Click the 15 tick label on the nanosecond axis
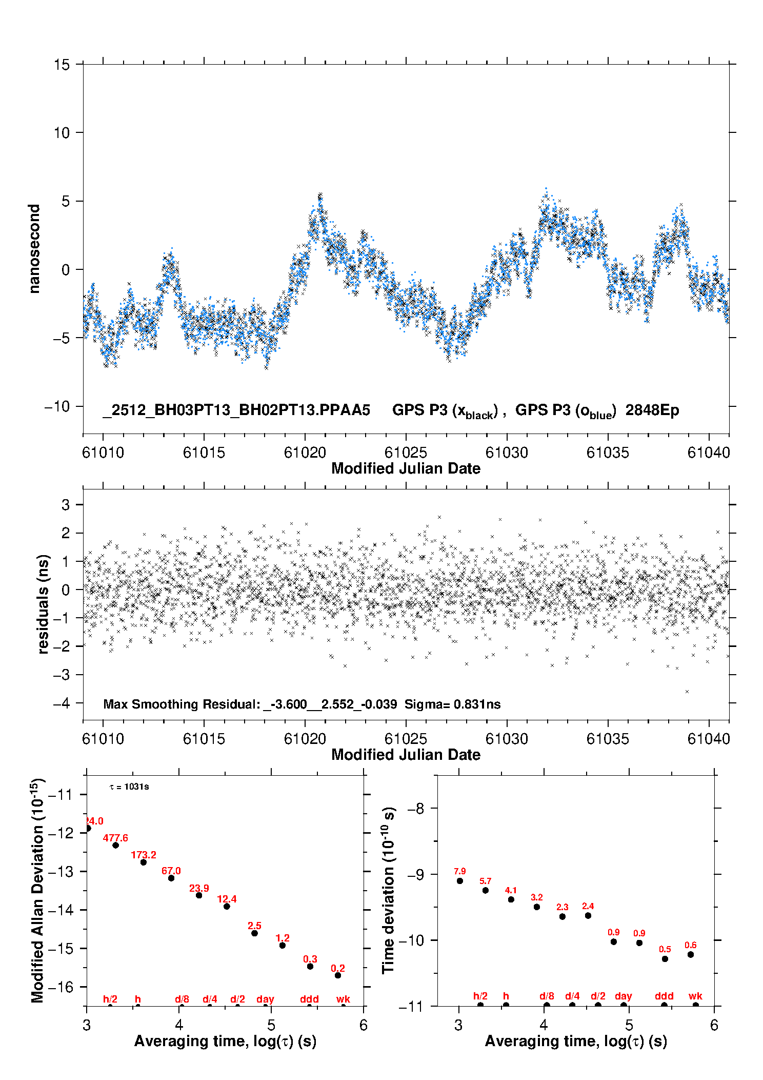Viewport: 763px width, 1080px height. tap(62, 65)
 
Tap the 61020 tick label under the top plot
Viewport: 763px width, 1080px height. tap(305, 453)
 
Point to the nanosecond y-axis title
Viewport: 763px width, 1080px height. tap(34, 248)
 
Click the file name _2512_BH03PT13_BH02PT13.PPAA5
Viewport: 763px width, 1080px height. tap(236, 410)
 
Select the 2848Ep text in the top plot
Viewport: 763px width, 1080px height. tap(652, 410)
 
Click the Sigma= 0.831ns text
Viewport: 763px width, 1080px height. tap(452, 704)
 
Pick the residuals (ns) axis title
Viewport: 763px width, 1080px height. tap(44, 604)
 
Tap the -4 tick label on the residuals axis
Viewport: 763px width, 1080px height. tap(62, 703)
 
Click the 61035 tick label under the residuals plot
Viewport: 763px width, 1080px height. tap(608, 739)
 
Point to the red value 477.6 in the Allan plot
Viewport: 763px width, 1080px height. tap(115, 838)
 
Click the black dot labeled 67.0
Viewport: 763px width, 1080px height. tap(171, 878)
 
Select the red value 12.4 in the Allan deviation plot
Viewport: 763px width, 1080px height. tap(227, 899)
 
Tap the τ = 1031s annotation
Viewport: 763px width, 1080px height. tap(129, 787)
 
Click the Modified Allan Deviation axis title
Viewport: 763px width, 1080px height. tap(37, 890)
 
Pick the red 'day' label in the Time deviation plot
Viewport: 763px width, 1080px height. tap(624, 996)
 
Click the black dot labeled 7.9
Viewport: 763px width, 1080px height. tap(460, 881)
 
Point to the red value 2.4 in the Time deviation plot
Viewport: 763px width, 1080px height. tap(588, 906)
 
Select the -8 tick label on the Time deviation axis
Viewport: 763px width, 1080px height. tap(415, 809)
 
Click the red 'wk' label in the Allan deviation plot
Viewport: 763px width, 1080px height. tap(343, 999)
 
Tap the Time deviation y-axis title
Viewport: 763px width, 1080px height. tap(388, 890)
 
